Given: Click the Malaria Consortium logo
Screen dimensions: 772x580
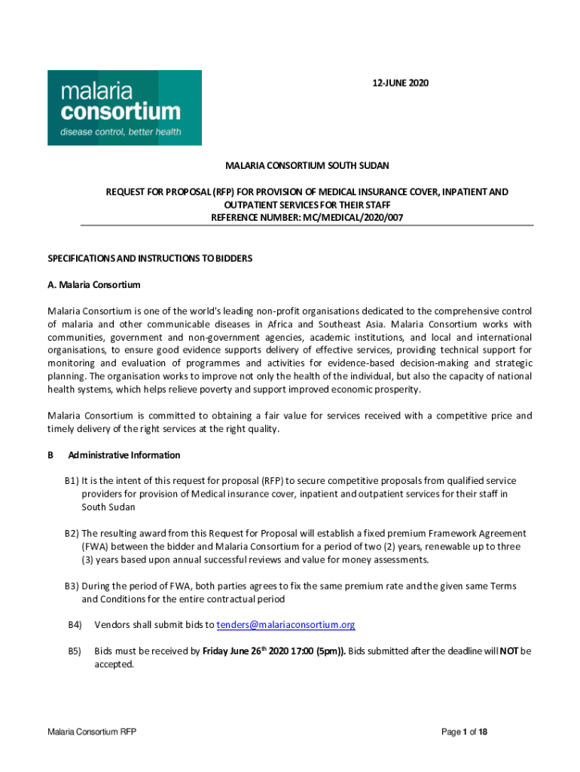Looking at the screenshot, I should pyautogui.click(x=124, y=107).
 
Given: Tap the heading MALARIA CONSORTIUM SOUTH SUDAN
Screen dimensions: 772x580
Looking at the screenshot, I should pyautogui.click(x=307, y=164).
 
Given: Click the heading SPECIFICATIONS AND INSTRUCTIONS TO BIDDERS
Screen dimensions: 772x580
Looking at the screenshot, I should pyautogui.click(x=150, y=258).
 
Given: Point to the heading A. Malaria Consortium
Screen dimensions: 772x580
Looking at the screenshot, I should pyautogui.click(x=94, y=285).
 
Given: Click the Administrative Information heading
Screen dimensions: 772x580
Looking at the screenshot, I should pyautogui.click(x=124, y=455).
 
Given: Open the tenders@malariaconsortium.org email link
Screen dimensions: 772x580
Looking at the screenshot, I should pyautogui.click(x=285, y=625).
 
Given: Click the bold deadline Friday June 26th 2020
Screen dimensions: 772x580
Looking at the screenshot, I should pyautogui.click(x=248, y=651).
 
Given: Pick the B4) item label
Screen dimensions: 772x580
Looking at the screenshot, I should pyautogui.click(x=74, y=625).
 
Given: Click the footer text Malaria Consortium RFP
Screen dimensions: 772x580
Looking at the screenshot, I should pyautogui.click(x=91, y=732).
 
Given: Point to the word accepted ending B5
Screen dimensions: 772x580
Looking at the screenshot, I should pyautogui.click(x=114, y=665).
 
